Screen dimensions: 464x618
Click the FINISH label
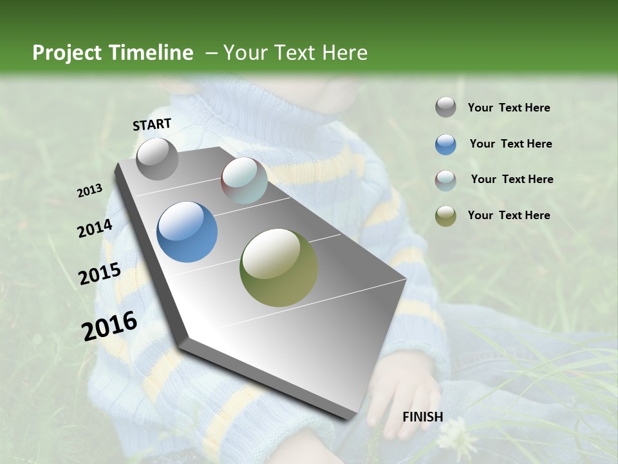422,416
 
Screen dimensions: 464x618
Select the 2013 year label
89,191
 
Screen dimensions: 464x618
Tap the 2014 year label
95,228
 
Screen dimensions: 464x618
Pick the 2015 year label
99,274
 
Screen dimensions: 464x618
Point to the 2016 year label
109,325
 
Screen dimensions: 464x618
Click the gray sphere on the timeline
157,159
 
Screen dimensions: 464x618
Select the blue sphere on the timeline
187,232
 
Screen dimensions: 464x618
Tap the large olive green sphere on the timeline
279,267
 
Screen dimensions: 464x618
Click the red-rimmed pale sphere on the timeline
244,180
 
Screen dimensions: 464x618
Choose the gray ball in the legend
445,108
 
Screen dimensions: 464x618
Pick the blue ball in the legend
445,144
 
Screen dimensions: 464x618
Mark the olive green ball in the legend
445,216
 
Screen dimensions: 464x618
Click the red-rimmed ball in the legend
445,180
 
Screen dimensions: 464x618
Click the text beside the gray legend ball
509,108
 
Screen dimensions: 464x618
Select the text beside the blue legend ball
510,144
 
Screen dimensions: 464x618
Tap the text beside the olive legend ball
509,215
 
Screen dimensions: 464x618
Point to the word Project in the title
68,53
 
